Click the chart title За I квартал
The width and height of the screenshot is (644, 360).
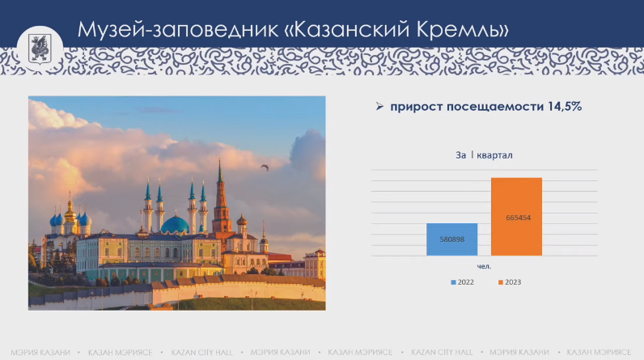tap(484, 155)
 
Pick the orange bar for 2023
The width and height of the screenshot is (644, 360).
tap(515, 216)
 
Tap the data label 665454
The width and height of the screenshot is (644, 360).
tap(515, 217)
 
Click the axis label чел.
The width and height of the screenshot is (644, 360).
tap(484, 266)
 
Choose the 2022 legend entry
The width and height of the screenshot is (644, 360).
tap(461, 282)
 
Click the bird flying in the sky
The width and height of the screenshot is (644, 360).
tap(264, 167)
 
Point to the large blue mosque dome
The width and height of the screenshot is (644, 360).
tap(174, 224)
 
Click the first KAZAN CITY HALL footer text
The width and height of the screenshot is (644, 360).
tap(201, 352)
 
